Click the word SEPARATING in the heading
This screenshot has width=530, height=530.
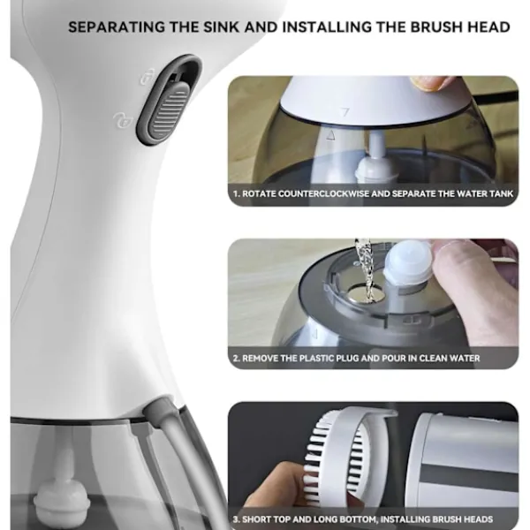(x=117, y=27)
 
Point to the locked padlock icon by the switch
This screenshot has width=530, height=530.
(x=148, y=77)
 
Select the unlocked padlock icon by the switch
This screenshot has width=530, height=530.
(x=123, y=120)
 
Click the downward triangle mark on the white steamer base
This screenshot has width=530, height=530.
(x=344, y=111)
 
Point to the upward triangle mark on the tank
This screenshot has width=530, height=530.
(x=330, y=135)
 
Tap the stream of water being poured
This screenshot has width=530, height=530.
(x=365, y=270)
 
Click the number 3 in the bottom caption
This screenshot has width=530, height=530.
(x=235, y=519)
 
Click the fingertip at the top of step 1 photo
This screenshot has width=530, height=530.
(x=430, y=83)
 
